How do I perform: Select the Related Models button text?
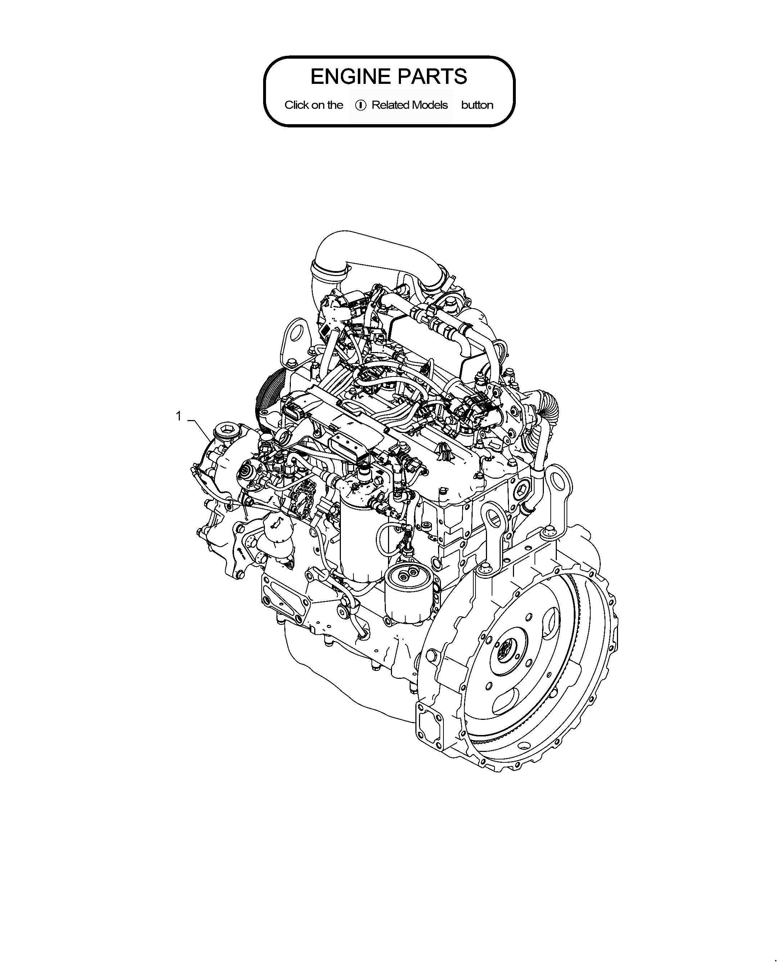409,105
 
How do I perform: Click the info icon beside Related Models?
360,105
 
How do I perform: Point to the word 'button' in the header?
477,105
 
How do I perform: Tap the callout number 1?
179,416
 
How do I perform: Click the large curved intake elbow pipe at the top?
373,261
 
